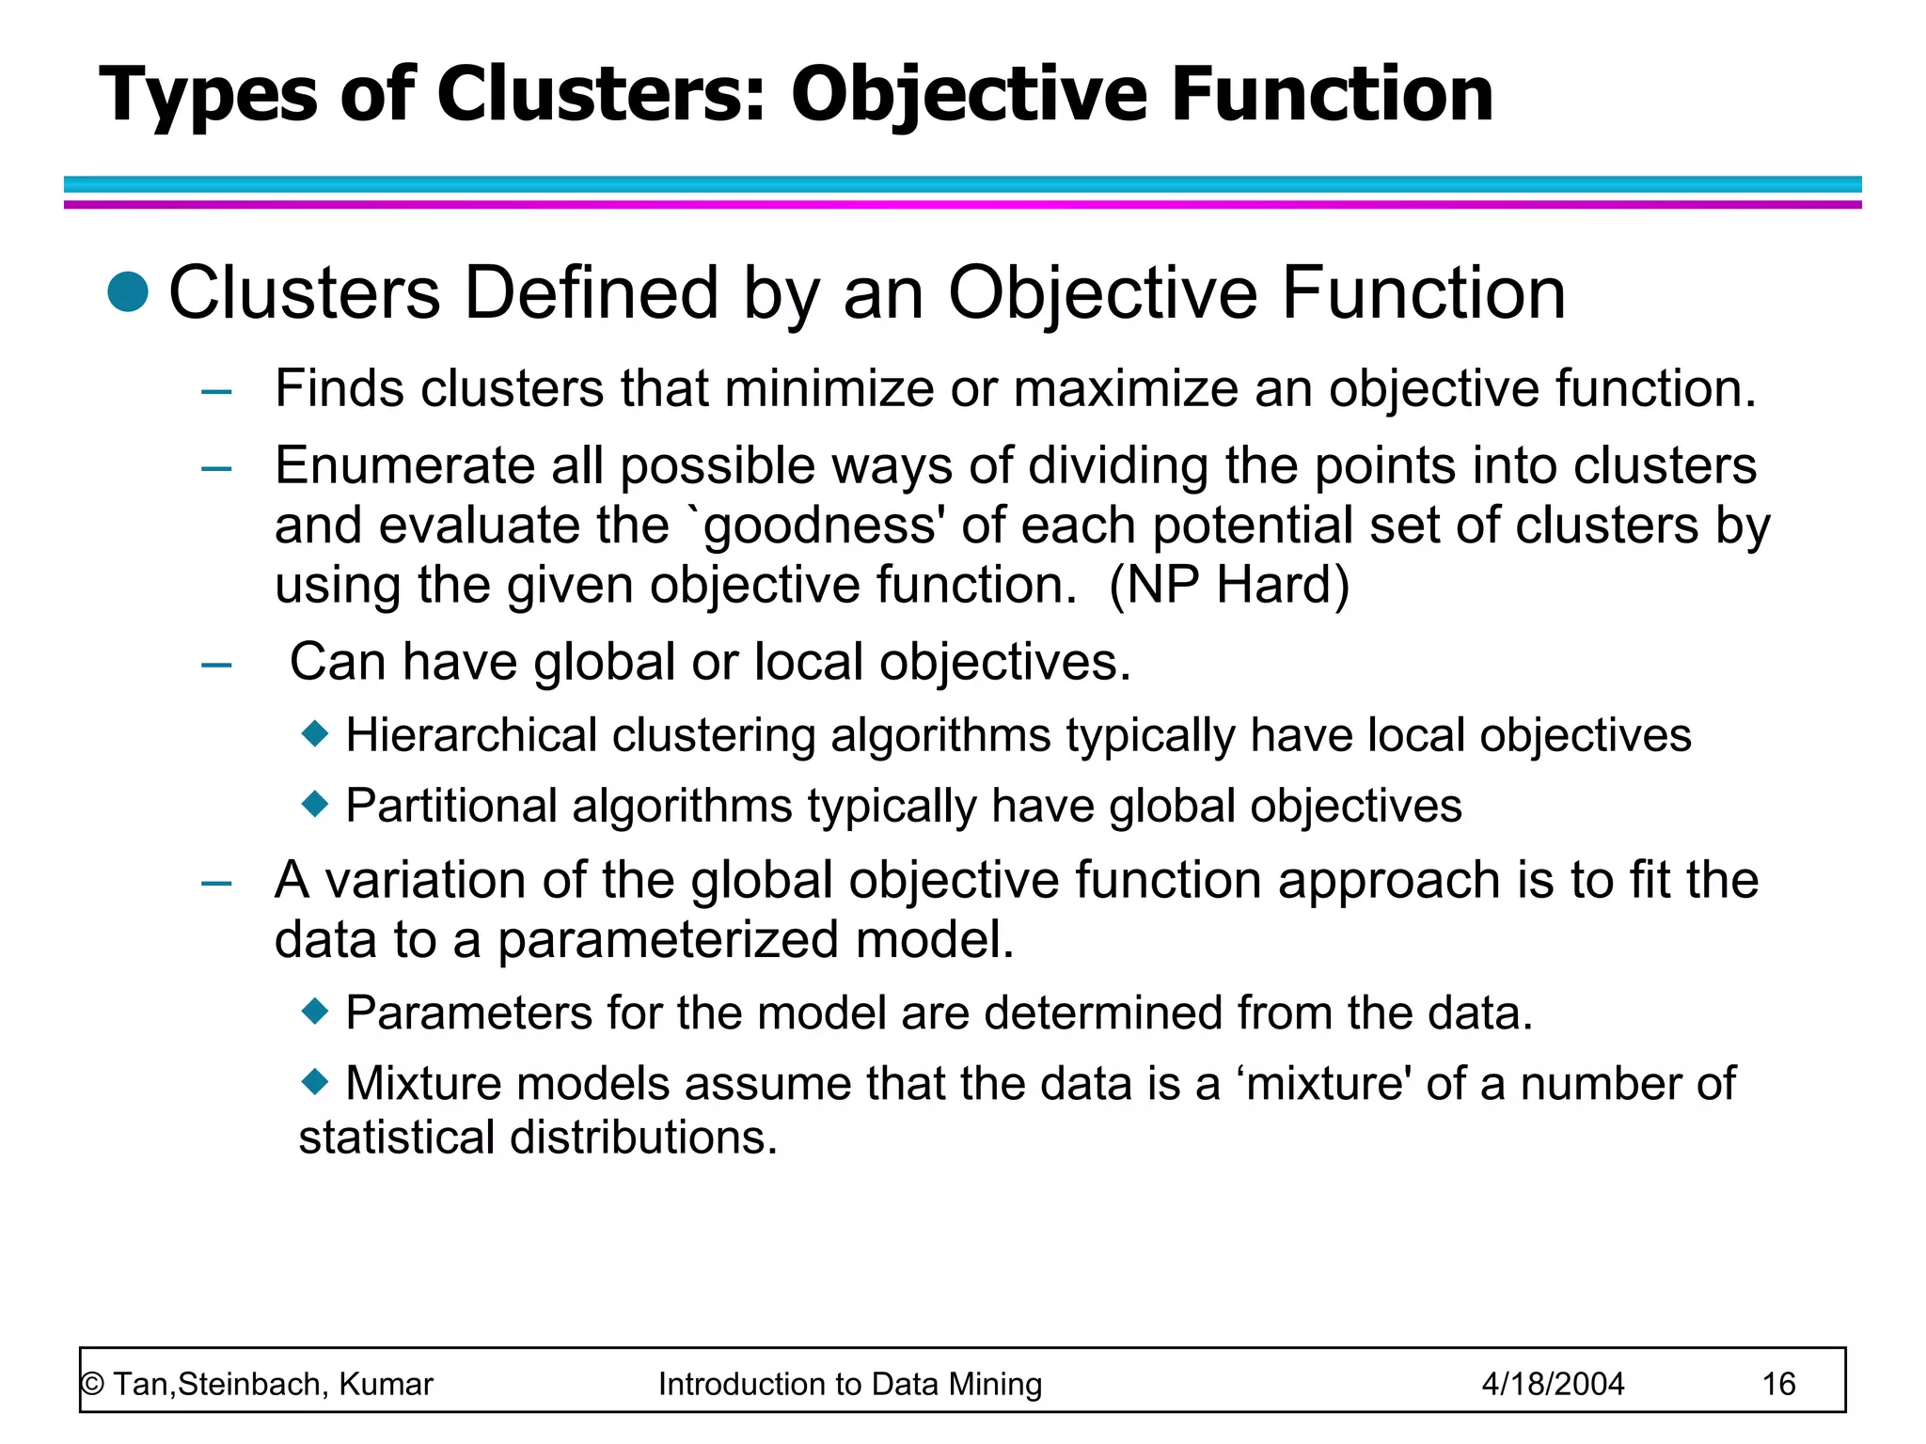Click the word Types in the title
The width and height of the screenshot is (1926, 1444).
click(208, 95)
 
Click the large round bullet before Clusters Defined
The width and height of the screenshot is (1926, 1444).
click(128, 291)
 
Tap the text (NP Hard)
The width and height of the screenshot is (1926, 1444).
click(1229, 585)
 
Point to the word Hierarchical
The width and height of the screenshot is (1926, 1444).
click(471, 735)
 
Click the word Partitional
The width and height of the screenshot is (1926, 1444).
click(451, 807)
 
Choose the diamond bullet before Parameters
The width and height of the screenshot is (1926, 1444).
click(315, 1012)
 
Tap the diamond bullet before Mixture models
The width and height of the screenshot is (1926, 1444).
click(315, 1082)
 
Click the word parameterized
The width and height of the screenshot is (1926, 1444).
click(667, 940)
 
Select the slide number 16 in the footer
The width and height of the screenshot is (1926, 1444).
click(1778, 1384)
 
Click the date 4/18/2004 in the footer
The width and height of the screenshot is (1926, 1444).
click(1553, 1384)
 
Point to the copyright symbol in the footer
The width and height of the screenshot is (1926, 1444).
click(92, 1385)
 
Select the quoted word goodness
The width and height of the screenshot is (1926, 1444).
click(819, 526)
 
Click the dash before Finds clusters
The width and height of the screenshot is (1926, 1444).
click(216, 391)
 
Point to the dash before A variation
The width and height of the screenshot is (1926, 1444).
click(216, 883)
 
